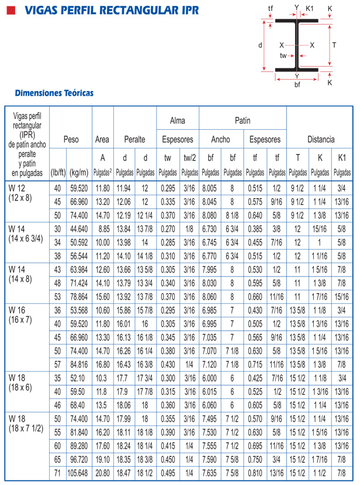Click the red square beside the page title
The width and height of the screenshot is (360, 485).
pyautogui.click(x=8, y=11)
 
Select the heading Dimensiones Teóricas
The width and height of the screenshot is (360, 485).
pyautogui.click(x=54, y=92)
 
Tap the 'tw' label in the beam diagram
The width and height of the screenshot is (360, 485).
pyautogui.click(x=283, y=56)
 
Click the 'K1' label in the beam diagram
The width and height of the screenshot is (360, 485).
pyautogui.click(x=310, y=8)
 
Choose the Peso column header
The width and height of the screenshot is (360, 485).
pyautogui.click(x=71, y=140)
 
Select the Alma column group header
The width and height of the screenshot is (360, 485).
pyautogui.click(x=177, y=120)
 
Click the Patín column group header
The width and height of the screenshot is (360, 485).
pyautogui.click(x=243, y=120)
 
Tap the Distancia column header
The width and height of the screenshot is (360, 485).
pyautogui.click(x=321, y=140)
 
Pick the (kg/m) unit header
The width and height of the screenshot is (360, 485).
pyautogui.click(x=79, y=172)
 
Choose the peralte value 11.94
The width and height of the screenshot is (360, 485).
pyautogui.click(x=124, y=188)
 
